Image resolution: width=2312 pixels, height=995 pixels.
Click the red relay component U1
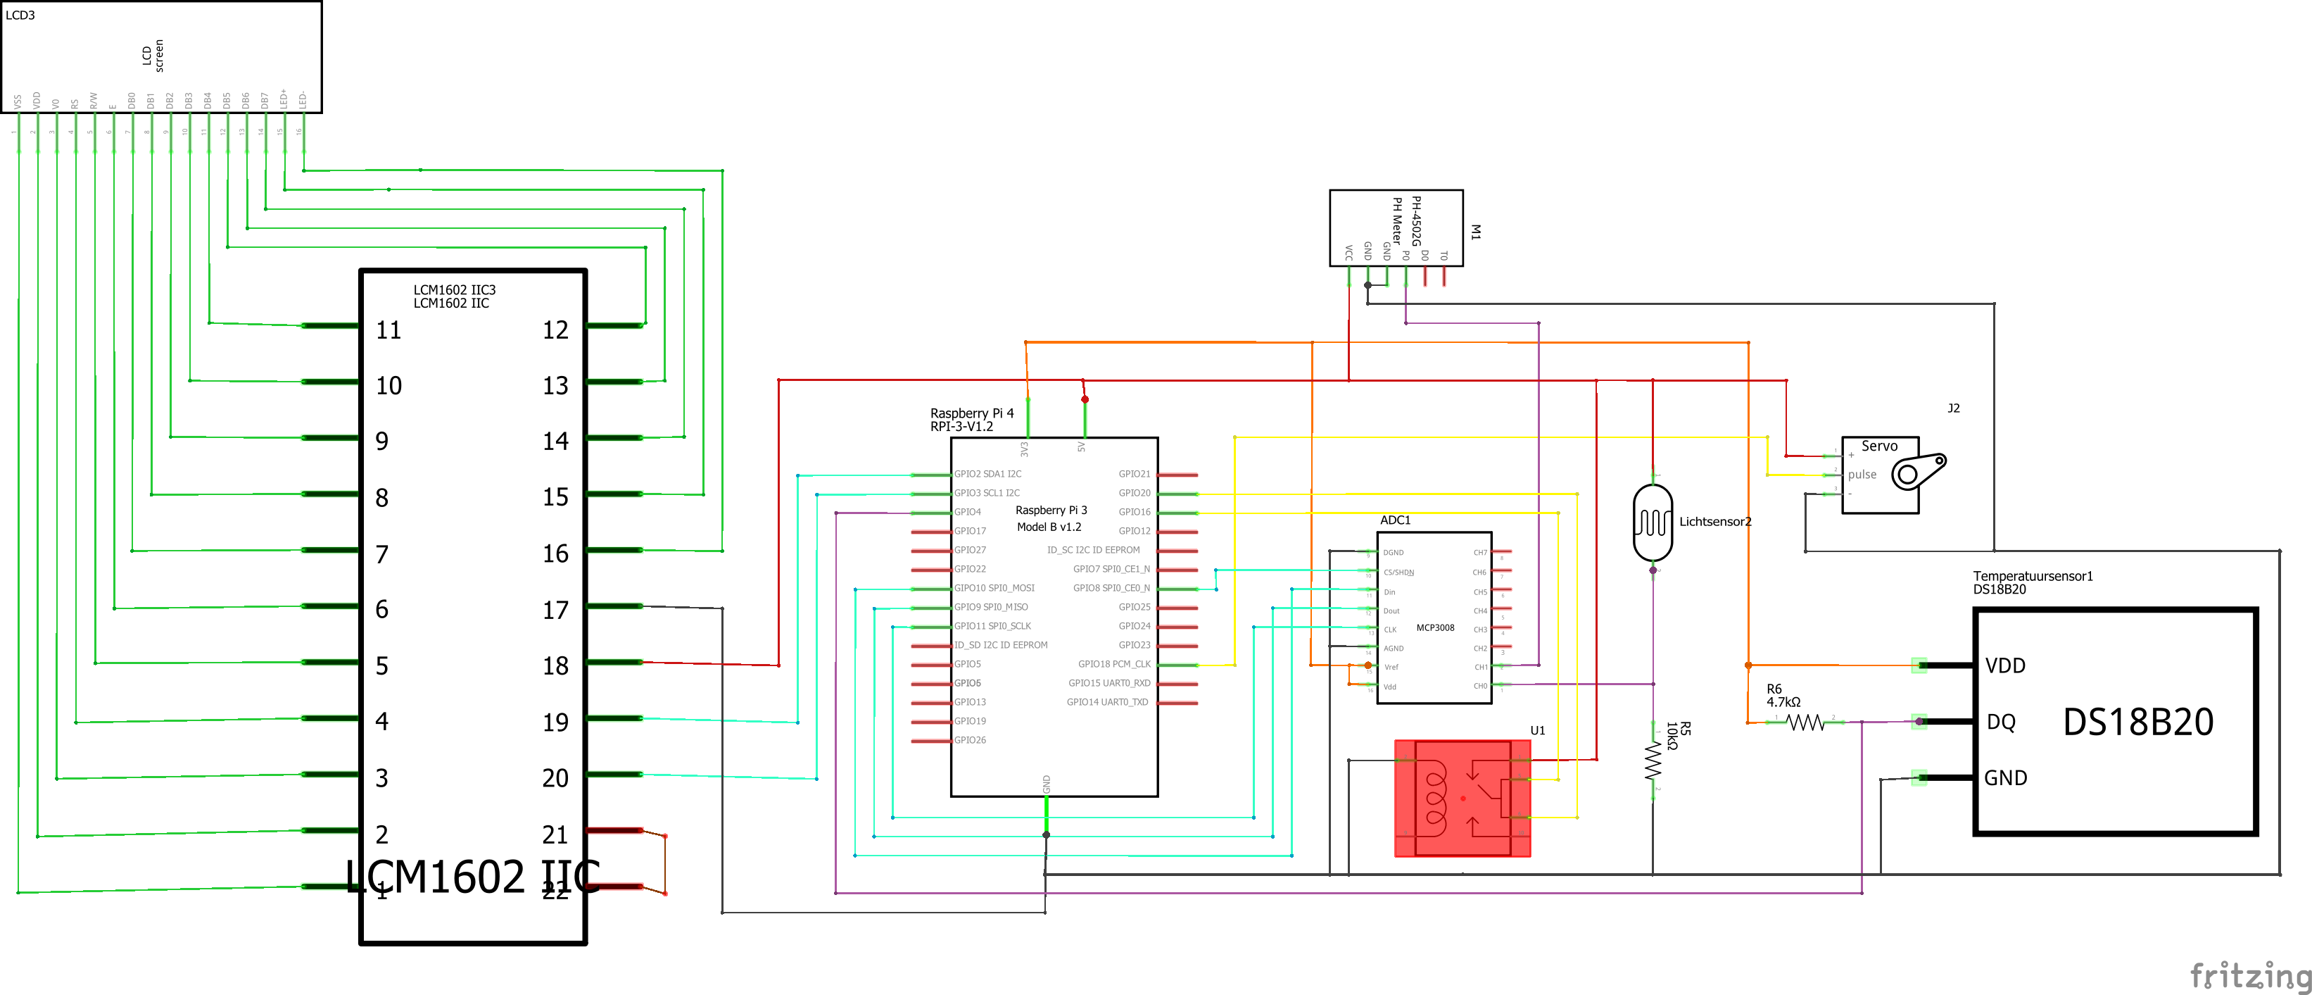(1462, 797)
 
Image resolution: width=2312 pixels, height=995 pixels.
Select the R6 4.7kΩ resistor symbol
(1805, 722)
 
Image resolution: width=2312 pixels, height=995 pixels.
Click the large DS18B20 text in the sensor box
(2138, 722)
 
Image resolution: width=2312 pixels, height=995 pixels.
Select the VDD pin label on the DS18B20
(2005, 665)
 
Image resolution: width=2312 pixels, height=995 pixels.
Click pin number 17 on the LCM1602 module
(555, 611)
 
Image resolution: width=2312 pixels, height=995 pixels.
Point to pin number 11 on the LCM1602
(389, 330)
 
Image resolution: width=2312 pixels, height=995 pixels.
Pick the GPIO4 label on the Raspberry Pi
(968, 512)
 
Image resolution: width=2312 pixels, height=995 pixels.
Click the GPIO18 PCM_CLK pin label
(1114, 665)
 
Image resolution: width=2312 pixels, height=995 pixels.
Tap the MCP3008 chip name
(1435, 627)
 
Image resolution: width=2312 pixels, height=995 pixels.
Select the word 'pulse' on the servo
(1862, 474)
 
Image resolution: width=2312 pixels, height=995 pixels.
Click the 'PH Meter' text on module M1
(1396, 221)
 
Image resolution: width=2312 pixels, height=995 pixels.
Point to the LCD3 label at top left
(20, 15)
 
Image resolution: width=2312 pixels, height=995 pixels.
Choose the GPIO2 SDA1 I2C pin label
(987, 474)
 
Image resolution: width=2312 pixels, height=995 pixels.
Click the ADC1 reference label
(1395, 520)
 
